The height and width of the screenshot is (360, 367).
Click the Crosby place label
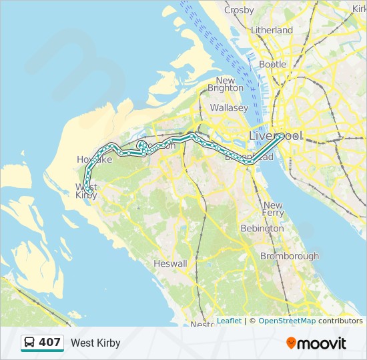click(x=239, y=10)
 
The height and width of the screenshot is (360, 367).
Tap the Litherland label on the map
click(x=272, y=30)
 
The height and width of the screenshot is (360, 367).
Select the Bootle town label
click(x=272, y=65)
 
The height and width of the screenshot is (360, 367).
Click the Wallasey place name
click(x=229, y=107)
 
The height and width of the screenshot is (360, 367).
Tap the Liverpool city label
click(x=275, y=135)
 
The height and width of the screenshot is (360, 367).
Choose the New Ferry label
click(x=273, y=209)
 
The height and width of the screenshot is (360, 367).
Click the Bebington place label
click(x=262, y=228)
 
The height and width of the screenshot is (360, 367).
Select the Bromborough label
click(x=290, y=256)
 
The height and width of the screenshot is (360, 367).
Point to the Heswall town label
click(x=170, y=263)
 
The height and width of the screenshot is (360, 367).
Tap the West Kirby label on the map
click(x=86, y=191)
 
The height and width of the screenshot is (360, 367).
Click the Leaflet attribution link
click(x=229, y=321)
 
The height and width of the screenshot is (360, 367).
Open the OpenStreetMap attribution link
click(x=287, y=321)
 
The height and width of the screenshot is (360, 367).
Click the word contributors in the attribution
click(x=340, y=321)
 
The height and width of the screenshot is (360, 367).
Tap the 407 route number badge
click(x=49, y=343)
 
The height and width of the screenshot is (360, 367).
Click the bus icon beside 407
click(x=30, y=343)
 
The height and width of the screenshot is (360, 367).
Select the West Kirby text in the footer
click(x=95, y=343)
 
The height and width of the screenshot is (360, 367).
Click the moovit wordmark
click(x=322, y=343)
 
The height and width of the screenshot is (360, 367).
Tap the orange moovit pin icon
click(x=291, y=343)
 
